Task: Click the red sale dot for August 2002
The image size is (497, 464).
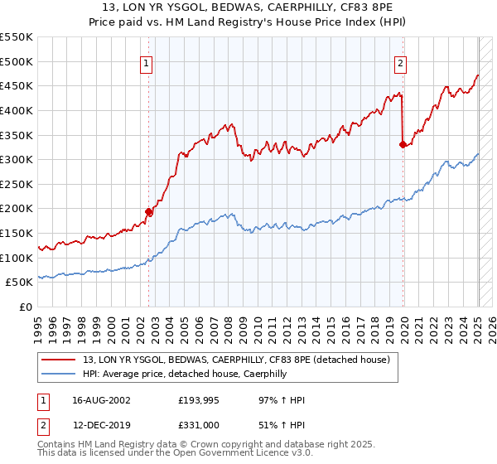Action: (x=149, y=211)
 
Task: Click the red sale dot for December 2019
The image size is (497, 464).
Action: (x=403, y=144)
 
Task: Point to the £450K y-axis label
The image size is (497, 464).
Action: (x=17, y=85)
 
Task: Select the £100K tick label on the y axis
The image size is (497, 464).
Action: (x=17, y=258)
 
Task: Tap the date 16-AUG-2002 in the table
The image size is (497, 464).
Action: (x=101, y=400)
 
